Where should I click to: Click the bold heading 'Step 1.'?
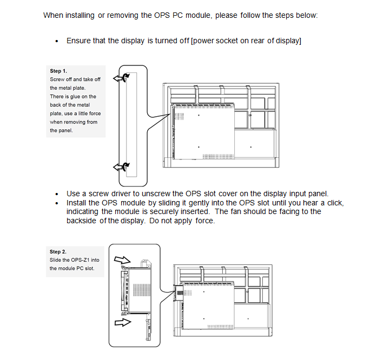click(58, 71)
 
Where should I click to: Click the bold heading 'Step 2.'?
click(58, 251)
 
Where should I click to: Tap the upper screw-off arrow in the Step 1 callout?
click(118, 78)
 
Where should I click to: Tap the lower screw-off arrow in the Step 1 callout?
click(118, 167)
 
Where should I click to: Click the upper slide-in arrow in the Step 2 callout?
click(122, 260)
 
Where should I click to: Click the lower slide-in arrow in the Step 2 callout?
click(123, 323)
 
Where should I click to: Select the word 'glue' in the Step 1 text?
click(77, 97)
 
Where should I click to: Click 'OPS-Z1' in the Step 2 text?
click(80, 260)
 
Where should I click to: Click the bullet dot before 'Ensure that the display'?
click(57, 41)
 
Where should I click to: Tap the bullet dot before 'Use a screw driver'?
click(57, 194)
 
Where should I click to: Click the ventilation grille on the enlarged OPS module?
click(142, 290)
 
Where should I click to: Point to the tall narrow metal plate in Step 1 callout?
click(131, 125)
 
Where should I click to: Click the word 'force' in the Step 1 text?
click(95, 114)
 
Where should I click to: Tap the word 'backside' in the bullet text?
click(81, 221)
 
